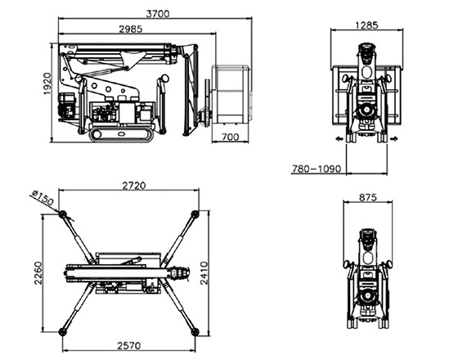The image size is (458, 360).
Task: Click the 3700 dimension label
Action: (x=157, y=14)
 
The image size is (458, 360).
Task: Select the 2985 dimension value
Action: (x=131, y=29)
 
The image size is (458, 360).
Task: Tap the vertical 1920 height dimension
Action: (x=47, y=83)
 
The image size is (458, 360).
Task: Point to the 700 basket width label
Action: (x=230, y=137)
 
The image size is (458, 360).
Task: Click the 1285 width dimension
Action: (x=366, y=25)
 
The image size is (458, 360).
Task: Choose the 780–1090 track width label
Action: (x=317, y=169)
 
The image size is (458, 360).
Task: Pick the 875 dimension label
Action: (x=368, y=198)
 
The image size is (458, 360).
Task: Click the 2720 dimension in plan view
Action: (x=134, y=186)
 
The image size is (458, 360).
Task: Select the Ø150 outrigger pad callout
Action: (x=43, y=197)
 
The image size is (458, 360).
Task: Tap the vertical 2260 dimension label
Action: (x=38, y=273)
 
